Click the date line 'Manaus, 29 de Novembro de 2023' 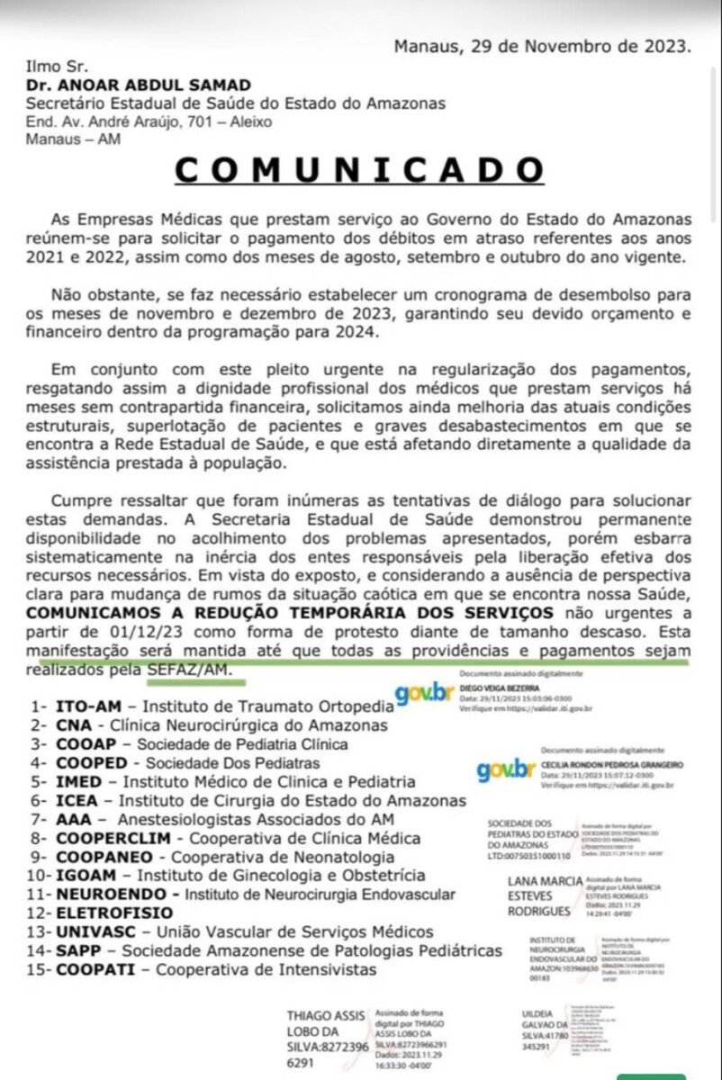coord(542,46)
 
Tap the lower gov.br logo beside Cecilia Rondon coord(506,770)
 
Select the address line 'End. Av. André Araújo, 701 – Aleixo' coord(149,121)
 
